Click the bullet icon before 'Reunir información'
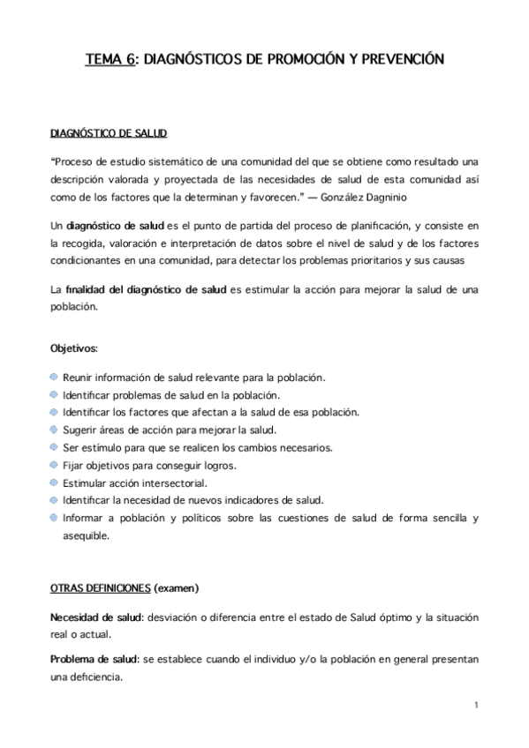[x=55, y=378]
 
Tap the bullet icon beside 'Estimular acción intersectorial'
[x=55, y=482]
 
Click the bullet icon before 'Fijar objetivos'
[x=55, y=465]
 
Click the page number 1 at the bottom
[x=475, y=706]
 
